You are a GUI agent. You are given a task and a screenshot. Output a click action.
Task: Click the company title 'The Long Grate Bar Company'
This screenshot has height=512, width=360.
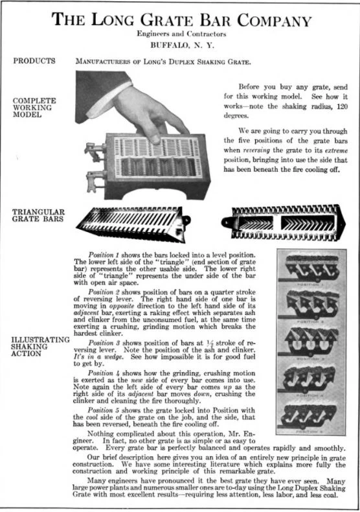coord(181,19)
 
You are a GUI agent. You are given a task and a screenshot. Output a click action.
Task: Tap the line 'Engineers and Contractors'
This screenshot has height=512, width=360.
coord(181,34)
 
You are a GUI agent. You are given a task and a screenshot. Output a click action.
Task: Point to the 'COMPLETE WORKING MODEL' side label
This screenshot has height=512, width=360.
coord(34,108)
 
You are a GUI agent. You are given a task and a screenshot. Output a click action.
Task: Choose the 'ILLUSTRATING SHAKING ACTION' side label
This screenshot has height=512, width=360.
coord(41,346)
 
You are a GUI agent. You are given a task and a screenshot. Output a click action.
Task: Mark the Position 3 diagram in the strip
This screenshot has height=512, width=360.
coord(308,343)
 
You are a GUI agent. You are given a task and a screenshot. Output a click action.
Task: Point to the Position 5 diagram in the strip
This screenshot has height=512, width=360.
coord(308,415)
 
